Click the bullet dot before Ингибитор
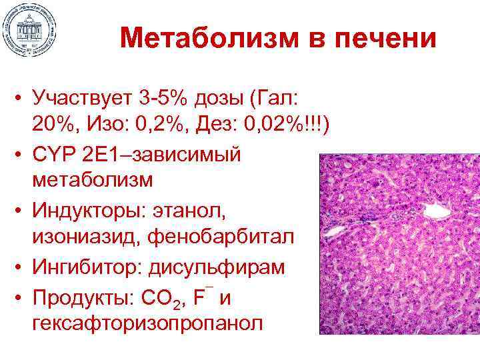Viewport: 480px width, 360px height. [x=19, y=267]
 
